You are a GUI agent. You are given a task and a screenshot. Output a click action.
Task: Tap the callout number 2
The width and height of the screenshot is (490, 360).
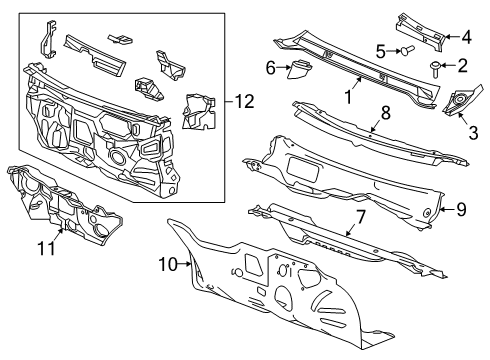point(462,66)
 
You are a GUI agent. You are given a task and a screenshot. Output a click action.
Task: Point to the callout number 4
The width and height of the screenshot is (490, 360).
point(467,37)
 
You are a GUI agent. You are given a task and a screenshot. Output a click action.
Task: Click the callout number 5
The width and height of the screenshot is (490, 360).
point(380,50)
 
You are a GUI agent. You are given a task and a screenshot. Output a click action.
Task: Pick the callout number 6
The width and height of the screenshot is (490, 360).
point(270,67)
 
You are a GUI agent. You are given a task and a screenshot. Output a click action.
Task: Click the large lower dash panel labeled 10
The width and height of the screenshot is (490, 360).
point(300,300)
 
